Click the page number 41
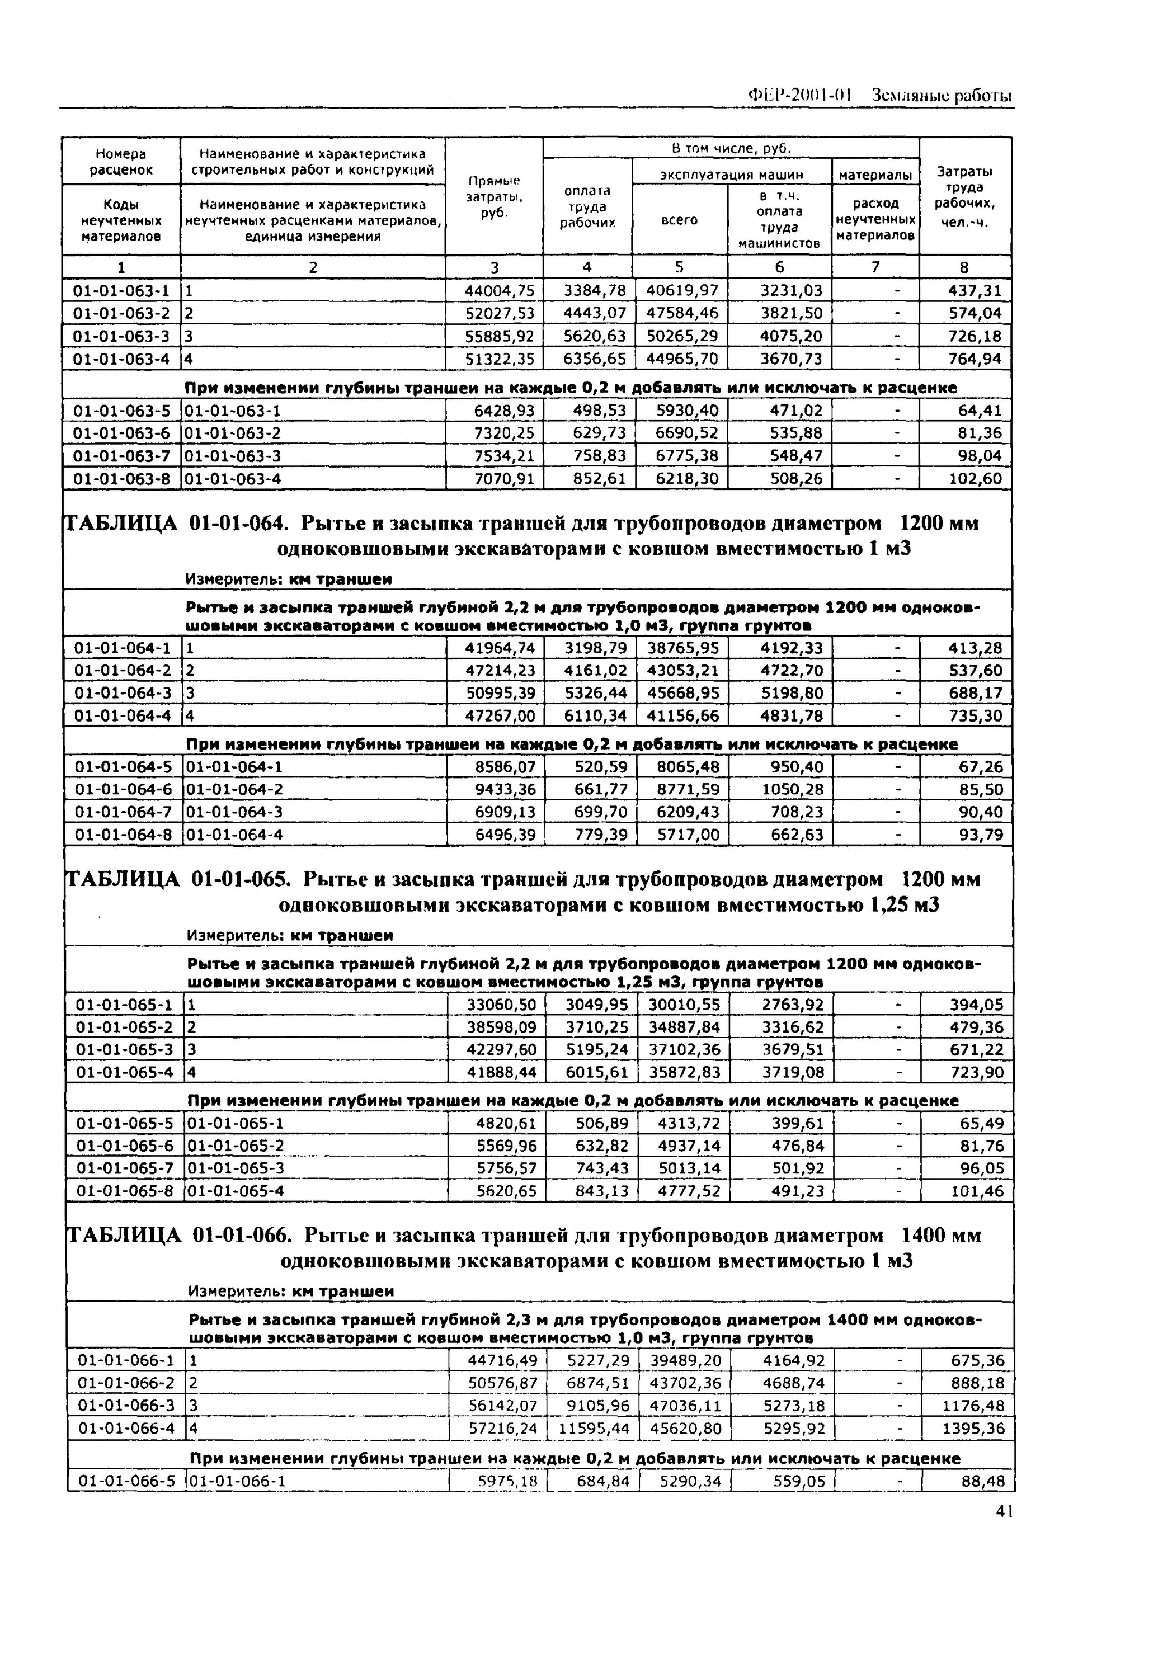[x=1004, y=1511]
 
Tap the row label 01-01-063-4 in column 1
[x=121, y=359]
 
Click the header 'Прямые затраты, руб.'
[x=493, y=196]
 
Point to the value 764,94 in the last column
[x=975, y=359]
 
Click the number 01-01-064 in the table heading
[x=239, y=523]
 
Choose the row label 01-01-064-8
[x=123, y=835]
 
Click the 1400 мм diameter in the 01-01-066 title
[x=940, y=1236]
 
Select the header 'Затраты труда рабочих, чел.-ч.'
[x=964, y=196]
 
